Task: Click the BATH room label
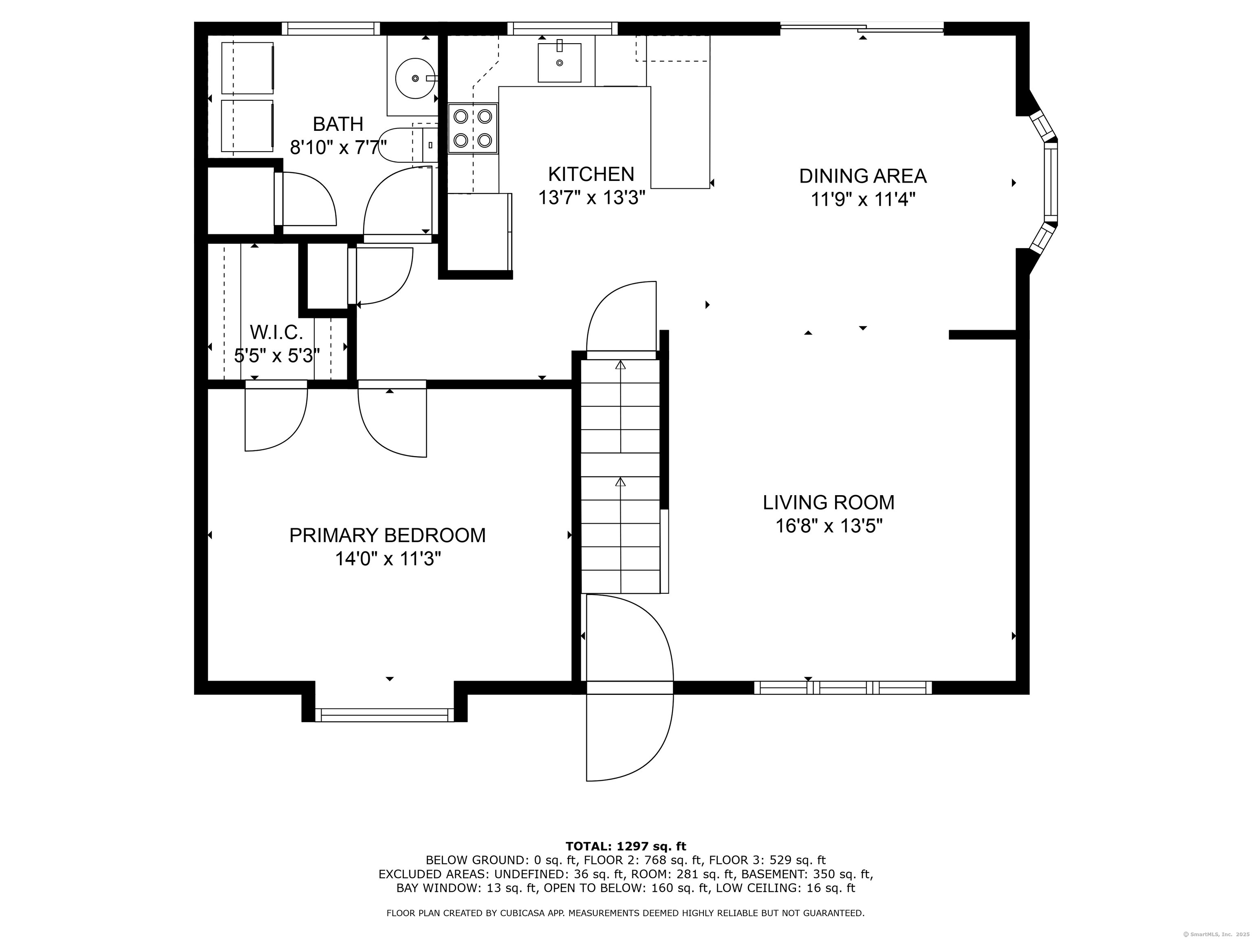pos(338,124)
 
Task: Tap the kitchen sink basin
pos(559,62)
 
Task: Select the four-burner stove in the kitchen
pos(473,128)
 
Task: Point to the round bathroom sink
pos(415,77)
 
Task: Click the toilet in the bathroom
pos(408,145)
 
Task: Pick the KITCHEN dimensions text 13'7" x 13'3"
pos(591,198)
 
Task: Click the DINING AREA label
pos(863,176)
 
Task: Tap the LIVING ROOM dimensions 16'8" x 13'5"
pos(829,526)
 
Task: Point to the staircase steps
pos(621,476)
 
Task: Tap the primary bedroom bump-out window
pos(385,715)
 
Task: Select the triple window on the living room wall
pos(843,688)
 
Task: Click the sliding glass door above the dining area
pos(862,26)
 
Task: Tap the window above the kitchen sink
pos(562,28)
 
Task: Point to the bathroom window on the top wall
pos(331,28)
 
